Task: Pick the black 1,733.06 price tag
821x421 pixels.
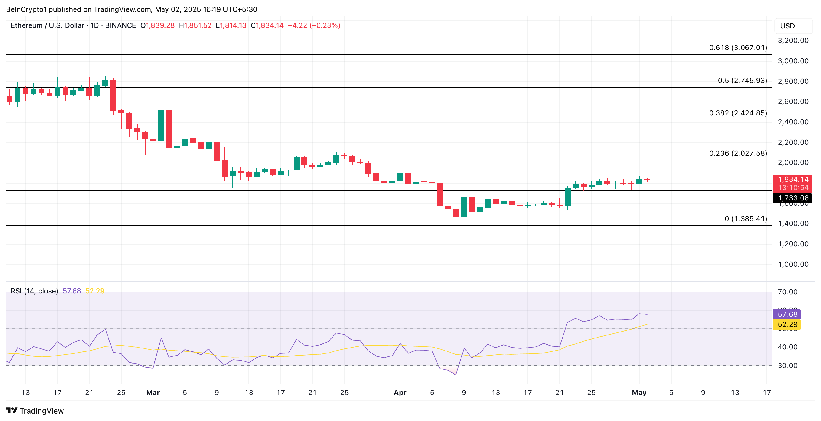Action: [793, 198]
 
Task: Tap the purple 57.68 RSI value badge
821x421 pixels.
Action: [787, 314]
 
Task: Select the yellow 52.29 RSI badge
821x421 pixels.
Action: [787, 324]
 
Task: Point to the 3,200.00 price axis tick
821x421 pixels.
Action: [793, 41]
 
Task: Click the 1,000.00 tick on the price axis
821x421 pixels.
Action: [793, 264]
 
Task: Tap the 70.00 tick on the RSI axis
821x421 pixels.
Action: [788, 292]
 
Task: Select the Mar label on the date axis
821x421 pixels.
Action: [153, 392]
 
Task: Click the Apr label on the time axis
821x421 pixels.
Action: [400, 392]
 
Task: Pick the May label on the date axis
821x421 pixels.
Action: [639, 392]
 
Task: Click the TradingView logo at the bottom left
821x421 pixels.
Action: [35, 411]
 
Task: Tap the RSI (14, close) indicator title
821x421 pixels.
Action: [34, 291]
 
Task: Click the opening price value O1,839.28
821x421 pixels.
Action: [157, 25]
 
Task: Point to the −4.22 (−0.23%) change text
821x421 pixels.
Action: [314, 25]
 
